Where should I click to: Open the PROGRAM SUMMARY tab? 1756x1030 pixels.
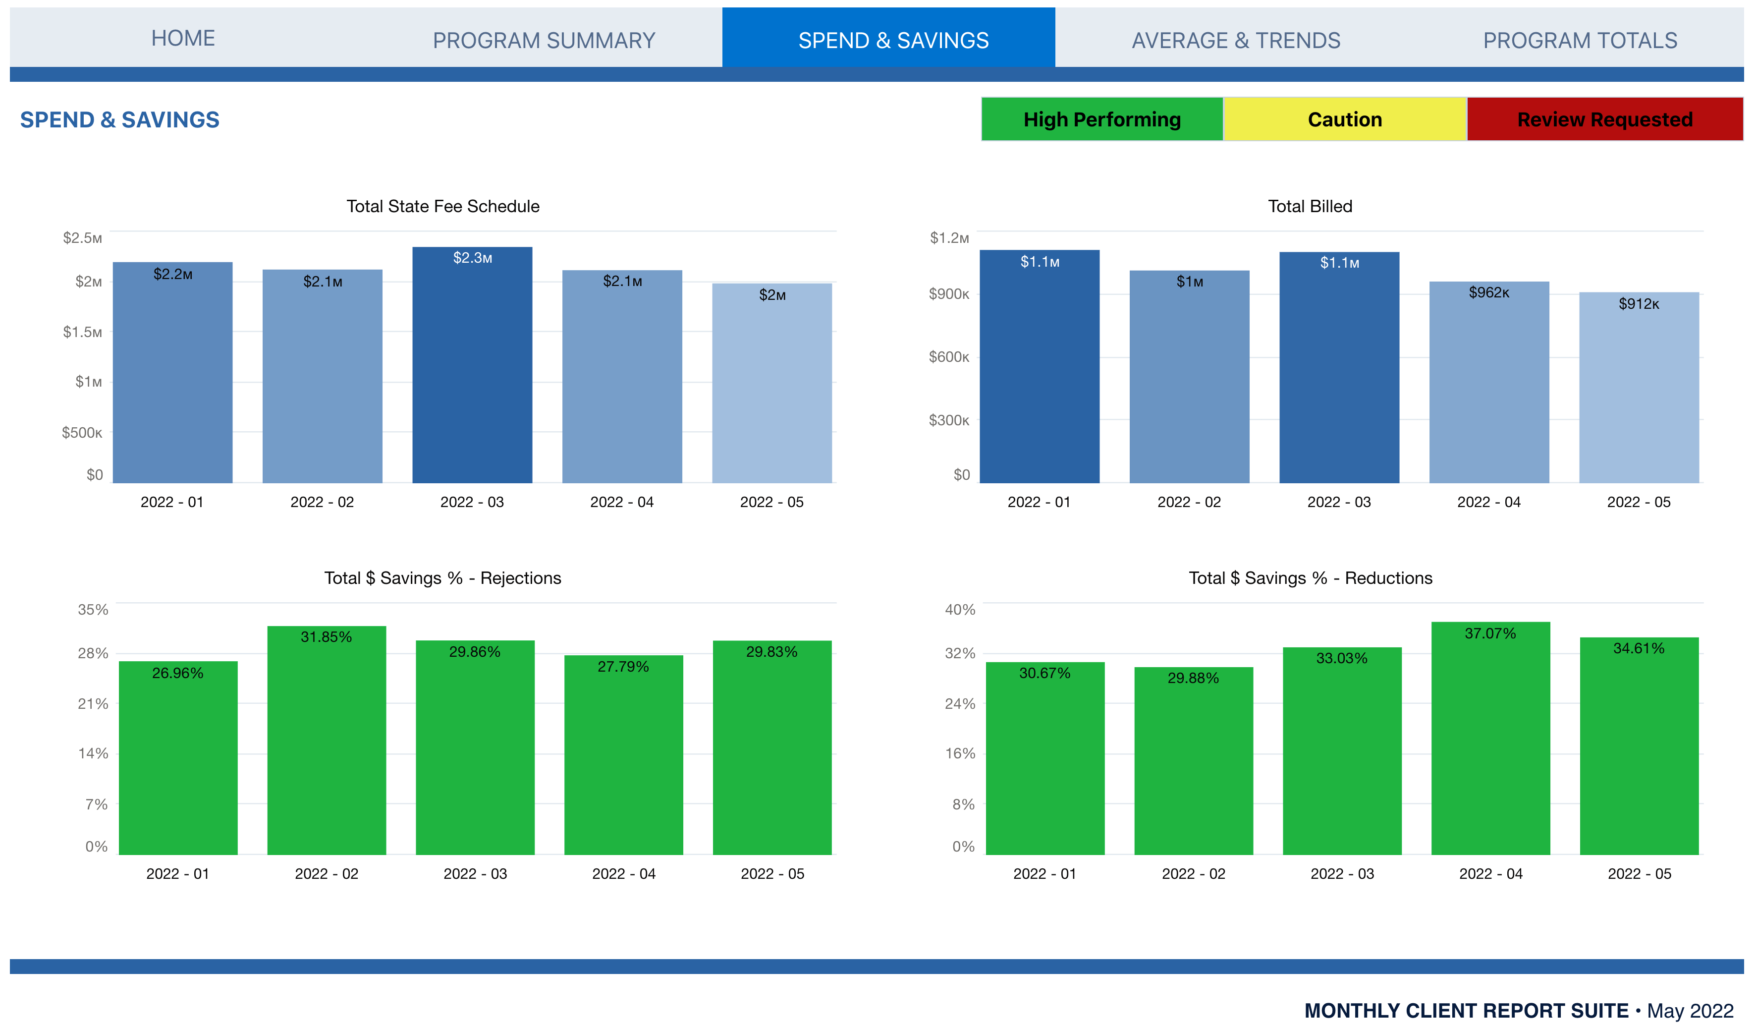pyautogui.click(x=544, y=41)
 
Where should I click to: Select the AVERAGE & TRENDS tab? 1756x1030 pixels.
pyautogui.click(x=1235, y=41)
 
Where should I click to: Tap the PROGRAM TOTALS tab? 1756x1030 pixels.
pyautogui.click(x=1580, y=41)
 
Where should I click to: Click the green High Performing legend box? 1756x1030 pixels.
pyautogui.click(x=1101, y=119)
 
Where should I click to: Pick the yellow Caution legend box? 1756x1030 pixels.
pyautogui.click(x=1344, y=119)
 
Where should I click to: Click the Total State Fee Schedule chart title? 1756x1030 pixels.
pyautogui.click(x=443, y=206)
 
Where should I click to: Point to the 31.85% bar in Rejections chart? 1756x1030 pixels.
pyautogui.click(x=326, y=745)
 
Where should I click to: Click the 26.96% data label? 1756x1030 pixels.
pyautogui.click(x=178, y=673)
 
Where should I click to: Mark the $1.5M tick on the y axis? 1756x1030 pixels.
pyautogui.click(x=82, y=333)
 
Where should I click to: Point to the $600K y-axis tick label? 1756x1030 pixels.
pyautogui.click(x=948, y=357)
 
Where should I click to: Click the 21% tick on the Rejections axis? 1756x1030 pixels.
pyautogui.click(x=93, y=704)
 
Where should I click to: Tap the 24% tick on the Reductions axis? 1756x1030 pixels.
pyautogui.click(x=960, y=704)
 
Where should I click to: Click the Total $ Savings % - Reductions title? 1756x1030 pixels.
pyautogui.click(x=1310, y=578)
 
